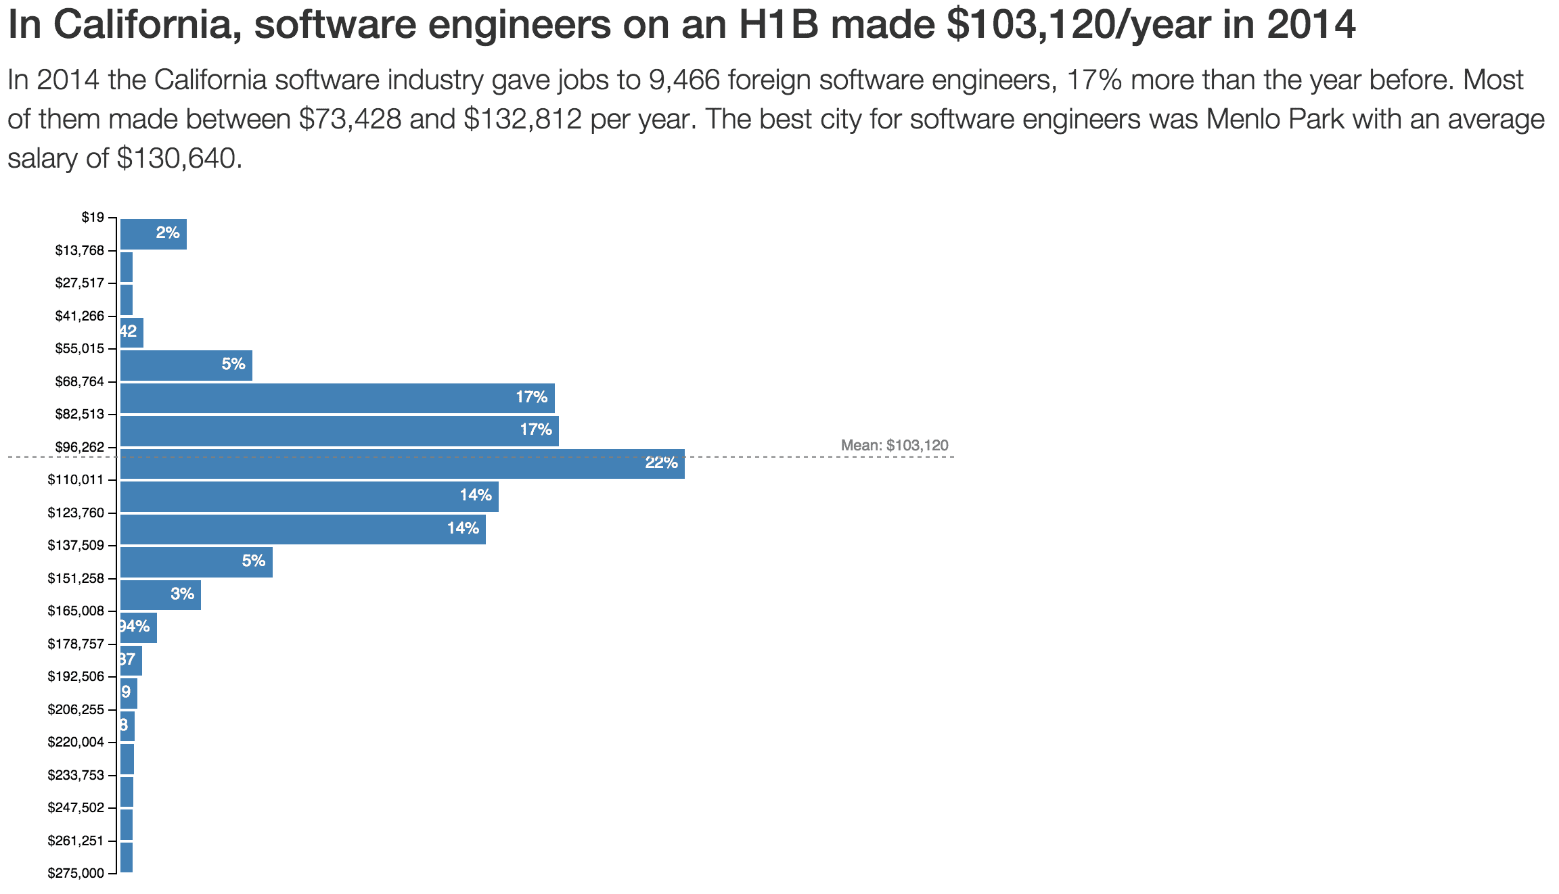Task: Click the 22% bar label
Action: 661,463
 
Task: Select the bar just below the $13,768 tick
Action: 127,267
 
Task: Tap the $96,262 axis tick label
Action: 80,447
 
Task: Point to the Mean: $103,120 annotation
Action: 894,446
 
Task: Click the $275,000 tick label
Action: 76,873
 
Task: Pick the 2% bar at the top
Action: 154,234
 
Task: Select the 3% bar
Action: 160,595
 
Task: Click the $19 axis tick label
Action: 93,217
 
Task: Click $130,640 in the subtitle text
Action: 179,158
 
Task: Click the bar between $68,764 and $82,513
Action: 337,398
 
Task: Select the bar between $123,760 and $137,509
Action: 302,530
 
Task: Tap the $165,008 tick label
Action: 76,611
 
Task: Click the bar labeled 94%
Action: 138,628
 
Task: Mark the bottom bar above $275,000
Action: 127,857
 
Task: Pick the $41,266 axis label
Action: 80,316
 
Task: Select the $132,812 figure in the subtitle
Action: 522,119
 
